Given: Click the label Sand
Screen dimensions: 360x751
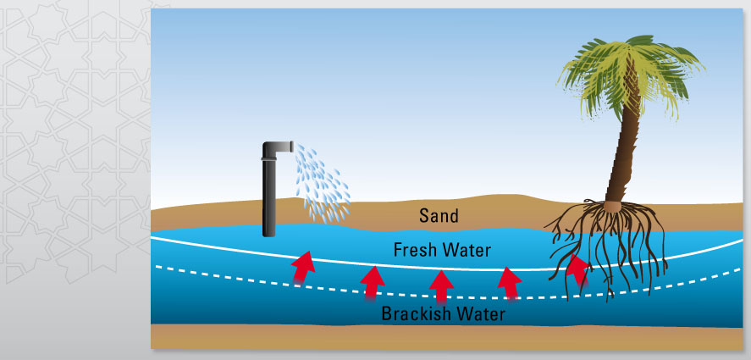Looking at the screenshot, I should click(x=439, y=216).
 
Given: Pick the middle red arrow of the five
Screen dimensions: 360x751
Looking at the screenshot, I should click(x=439, y=286).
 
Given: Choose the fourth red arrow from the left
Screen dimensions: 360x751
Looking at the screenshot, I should click(x=508, y=283).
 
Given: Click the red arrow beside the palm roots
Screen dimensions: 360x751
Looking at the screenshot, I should click(x=577, y=270).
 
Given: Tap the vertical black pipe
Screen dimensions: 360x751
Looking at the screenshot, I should click(x=269, y=195).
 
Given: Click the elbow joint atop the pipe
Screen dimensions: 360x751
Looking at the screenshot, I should click(x=275, y=149).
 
